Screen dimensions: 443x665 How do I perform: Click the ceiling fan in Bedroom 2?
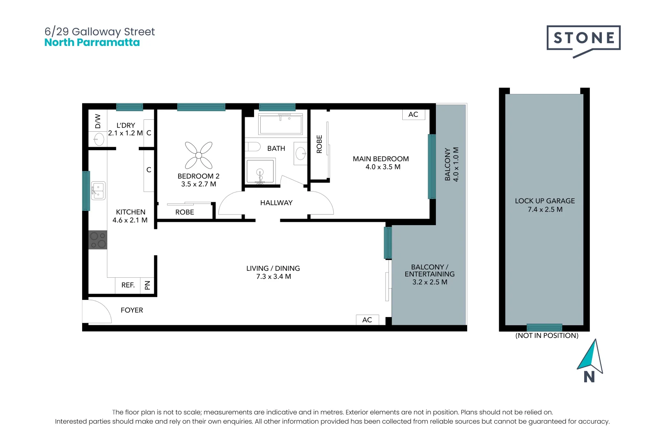(199, 155)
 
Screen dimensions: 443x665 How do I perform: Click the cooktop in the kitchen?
(98, 240)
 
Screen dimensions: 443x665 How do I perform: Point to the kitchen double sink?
(98, 191)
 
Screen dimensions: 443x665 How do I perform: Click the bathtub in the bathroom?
(281, 124)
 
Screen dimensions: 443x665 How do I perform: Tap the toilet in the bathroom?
(253, 147)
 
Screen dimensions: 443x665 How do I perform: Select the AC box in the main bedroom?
(413, 114)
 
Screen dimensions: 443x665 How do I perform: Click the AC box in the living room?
(367, 320)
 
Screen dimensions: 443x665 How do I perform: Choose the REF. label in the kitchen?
(128, 285)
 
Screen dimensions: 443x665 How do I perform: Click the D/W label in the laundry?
(98, 121)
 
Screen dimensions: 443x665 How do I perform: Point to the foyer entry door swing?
(97, 312)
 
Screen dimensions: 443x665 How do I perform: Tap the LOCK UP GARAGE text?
(545, 201)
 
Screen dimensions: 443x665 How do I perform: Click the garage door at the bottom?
(544, 327)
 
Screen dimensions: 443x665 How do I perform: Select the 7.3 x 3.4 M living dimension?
(273, 277)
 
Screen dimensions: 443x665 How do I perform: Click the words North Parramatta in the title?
(92, 43)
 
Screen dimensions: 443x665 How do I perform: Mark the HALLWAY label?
(276, 203)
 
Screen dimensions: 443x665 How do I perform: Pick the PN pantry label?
(148, 285)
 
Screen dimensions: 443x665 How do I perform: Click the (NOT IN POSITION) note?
(546, 336)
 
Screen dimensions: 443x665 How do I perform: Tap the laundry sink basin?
(99, 140)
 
